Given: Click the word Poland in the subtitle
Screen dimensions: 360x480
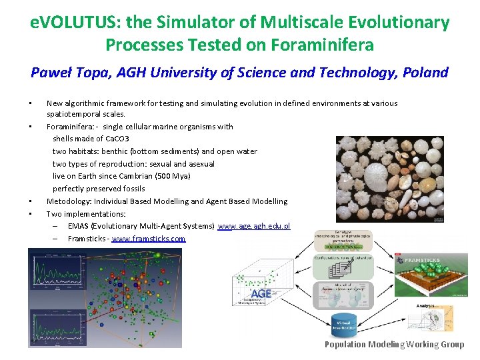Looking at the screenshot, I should coord(425,72).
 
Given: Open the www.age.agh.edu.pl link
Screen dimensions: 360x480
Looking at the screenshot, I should coord(254,226).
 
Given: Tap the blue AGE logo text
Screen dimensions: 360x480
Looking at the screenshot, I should coord(260,294).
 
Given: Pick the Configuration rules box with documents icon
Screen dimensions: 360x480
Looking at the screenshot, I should coord(343,267).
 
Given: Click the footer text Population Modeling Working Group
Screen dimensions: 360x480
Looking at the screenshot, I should coord(394,345).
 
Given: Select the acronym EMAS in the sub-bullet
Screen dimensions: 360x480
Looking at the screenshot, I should coord(79,226).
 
